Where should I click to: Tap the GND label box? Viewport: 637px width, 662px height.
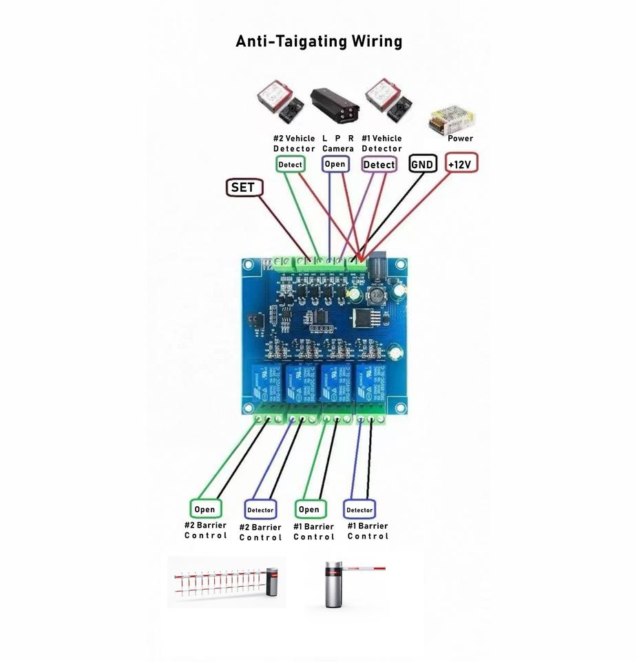(422, 164)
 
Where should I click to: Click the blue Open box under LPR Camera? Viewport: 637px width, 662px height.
(335, 164)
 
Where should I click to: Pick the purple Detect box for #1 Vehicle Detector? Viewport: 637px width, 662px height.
(379, 165)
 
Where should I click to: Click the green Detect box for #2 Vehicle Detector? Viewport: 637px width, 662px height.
(290, 165)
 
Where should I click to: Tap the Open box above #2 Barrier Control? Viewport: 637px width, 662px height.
(205, 510)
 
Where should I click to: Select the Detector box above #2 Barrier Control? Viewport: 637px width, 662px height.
(260, 510)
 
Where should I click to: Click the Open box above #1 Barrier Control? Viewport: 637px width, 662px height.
(309, 510)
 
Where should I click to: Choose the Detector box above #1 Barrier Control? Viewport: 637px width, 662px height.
(359, 510)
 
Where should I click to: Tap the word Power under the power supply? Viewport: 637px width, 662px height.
(460, 139)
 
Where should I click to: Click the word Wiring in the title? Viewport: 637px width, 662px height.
(377, 41)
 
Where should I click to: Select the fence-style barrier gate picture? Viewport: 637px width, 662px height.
(226, 583)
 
